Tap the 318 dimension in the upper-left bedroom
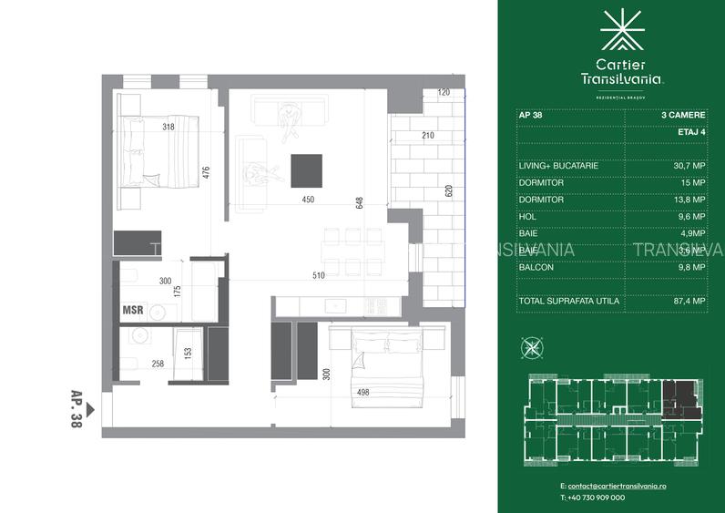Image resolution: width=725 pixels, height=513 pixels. point(168,127)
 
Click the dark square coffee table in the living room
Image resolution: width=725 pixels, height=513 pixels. point(306,169)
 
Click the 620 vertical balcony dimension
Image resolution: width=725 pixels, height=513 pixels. point(448,192)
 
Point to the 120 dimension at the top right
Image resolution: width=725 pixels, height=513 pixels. point(444,93)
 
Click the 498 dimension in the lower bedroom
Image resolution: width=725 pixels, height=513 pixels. point(362,392)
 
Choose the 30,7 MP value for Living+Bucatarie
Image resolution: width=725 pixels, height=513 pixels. point(689,166)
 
